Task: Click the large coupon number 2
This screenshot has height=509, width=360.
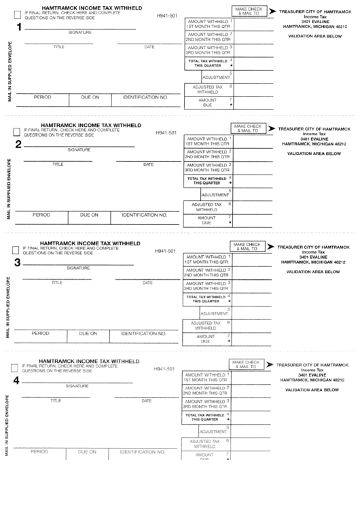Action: click(x=18, y=144)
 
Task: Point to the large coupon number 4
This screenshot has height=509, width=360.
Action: click(x=17, y=380)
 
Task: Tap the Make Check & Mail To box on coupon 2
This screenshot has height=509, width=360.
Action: click(x=248, y=128)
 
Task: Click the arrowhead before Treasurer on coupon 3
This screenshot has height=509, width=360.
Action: click(x=270, y=246)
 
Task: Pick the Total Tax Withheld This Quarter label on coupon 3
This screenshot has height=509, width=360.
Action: click(x=205, y=299)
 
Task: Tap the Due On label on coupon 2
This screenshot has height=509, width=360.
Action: click(x=90, y=215)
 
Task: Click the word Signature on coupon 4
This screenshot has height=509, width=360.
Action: click(x=76, y=386)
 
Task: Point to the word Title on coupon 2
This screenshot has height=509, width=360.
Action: click(x=58, y=164)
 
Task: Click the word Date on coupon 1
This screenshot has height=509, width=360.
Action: click(x=149, y=47)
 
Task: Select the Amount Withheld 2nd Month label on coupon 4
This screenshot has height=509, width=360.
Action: click(x=205, y=390)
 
